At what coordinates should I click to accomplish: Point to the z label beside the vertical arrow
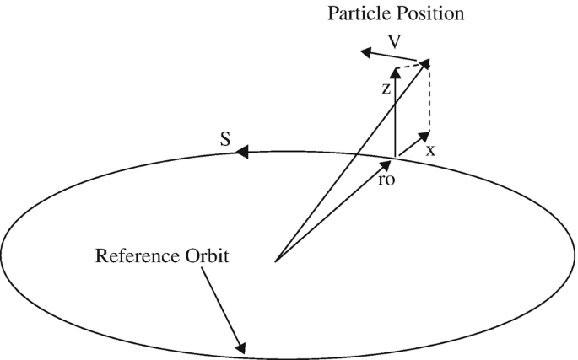pos(385,88)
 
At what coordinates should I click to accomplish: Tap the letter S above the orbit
pos(225,138)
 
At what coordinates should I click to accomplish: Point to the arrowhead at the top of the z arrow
pos(395,73)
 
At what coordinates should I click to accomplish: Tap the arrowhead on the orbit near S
pos(241,153)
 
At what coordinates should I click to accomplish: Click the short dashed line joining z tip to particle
pos(412,65)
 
